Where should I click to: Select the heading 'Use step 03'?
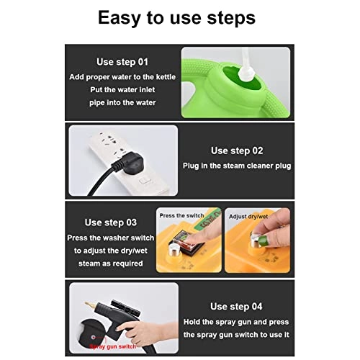(111, 222)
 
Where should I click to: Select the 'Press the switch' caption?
(182, 215)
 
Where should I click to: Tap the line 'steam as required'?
(111, 264)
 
